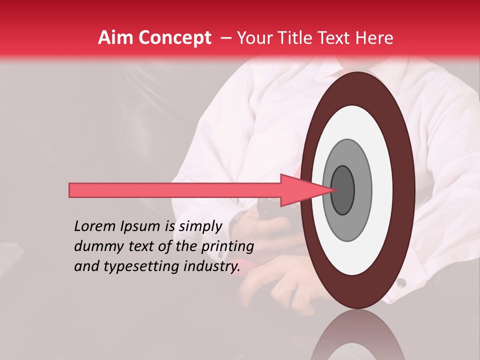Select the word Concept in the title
(x=174, y=38)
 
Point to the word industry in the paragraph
(x=211, y=266)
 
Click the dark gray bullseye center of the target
(x=343, y=190)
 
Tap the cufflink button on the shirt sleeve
(x=401, y=283)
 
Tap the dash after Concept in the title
(x=225, y=38)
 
